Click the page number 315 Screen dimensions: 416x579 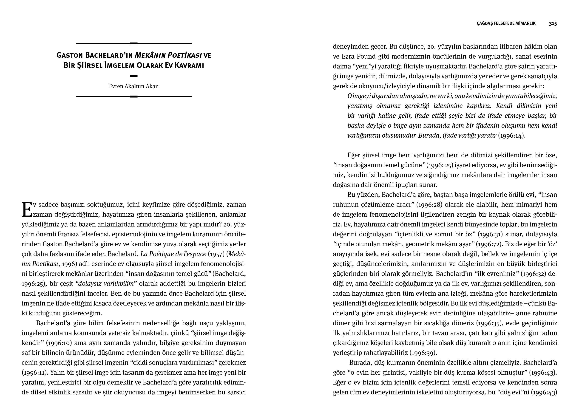click(x=553, y=23)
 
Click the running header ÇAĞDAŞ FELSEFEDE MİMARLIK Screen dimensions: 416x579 click(x=506, y=23)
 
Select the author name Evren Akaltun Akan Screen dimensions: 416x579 click(x=134, y=86)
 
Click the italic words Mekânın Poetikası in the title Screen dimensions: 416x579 click(x=168, y=55)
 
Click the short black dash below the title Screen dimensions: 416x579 click(x=134, y=76)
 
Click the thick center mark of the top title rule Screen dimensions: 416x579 click(x=134, y=43)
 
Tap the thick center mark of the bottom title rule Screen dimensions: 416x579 click(x=134, y=96)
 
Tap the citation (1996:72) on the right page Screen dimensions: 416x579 click(x=489, y=244)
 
